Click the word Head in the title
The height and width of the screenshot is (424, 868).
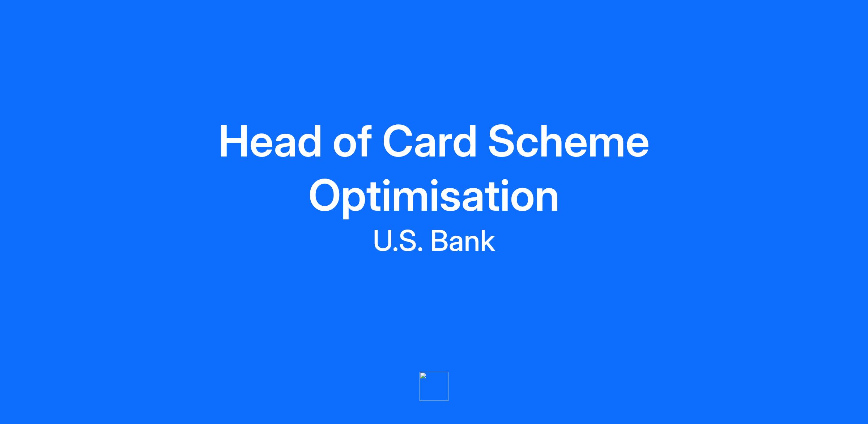[270, 141]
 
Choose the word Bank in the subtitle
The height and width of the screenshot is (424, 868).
[463, 241]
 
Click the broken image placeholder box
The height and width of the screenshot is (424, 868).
[434, 386]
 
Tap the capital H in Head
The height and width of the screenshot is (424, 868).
[234, 141]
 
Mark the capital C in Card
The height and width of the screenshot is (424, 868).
[398, 141]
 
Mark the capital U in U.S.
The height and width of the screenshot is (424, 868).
[383, 241]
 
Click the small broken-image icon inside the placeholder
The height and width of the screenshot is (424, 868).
[423, 376]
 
